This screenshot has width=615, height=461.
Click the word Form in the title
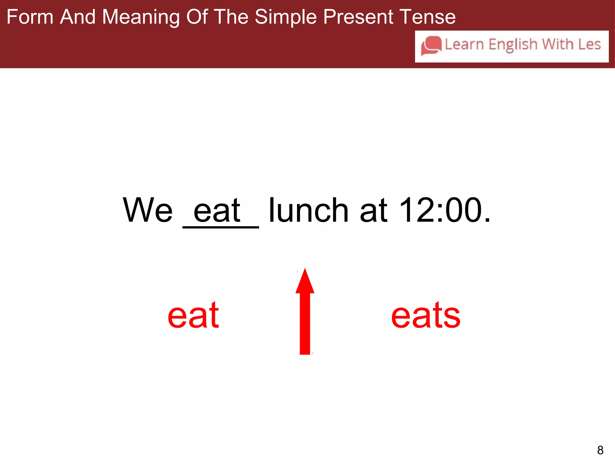tap(30, 17)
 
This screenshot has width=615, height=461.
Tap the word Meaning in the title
tap(141, 17)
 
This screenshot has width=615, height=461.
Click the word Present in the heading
tap(358, 17)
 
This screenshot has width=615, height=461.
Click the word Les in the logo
tap(589, 44)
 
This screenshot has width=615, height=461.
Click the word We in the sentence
tap(148, 210)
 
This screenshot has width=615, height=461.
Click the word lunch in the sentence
tap(308, 210)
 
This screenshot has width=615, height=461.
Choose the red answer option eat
tap(193, 315)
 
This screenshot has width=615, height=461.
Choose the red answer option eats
tap(426, 315)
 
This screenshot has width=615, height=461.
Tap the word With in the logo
tap(558, 44)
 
